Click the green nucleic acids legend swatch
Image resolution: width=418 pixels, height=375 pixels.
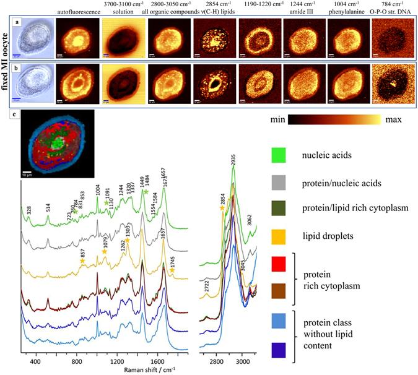279,153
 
